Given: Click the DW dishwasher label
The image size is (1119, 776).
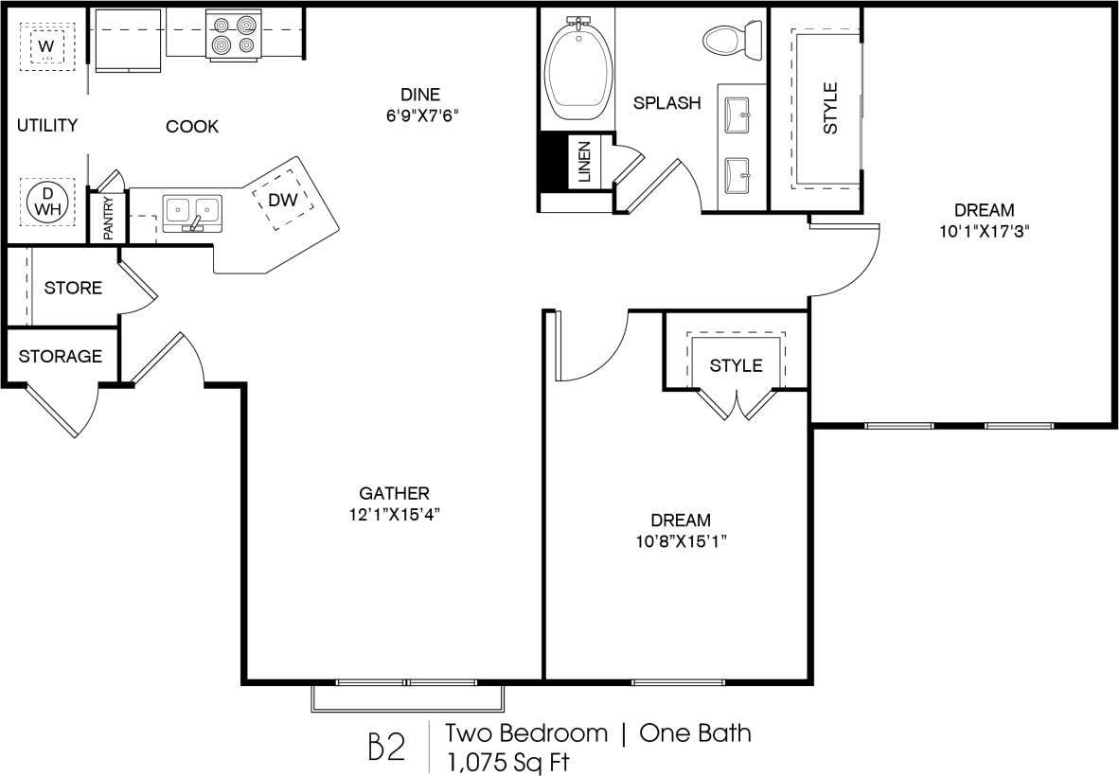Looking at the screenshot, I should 282,200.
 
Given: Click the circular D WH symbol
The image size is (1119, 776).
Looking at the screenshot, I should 44,201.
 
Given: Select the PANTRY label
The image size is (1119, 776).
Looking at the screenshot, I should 109,217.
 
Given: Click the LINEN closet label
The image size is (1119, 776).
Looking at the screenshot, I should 584,162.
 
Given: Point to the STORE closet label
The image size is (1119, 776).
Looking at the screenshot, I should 73,288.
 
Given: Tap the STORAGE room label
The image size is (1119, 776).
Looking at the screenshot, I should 61,357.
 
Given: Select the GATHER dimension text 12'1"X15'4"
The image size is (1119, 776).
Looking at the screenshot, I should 395,515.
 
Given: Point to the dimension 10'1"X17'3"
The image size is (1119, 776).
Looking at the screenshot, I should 984,232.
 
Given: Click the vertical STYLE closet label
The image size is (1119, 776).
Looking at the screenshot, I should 830,108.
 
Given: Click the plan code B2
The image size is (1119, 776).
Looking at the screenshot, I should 385,747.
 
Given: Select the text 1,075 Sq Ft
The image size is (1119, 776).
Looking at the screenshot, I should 509,760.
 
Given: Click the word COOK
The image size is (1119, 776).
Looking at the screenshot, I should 192,126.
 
